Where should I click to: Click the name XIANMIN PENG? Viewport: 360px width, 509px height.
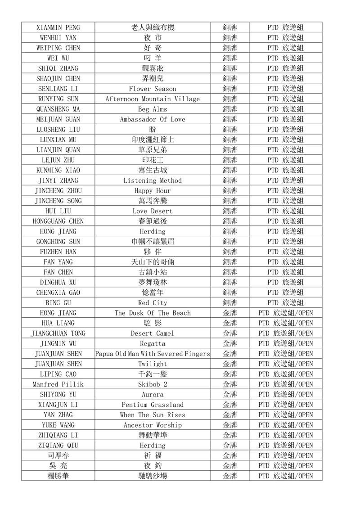coord(58,27)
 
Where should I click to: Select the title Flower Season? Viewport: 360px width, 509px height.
coord(153,89)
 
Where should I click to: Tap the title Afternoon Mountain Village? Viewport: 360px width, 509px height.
coord(153,99)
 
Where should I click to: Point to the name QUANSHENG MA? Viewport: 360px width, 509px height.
coord(58,109)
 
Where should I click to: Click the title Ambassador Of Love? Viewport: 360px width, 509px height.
coord(153,119)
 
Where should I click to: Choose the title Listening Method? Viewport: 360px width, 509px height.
coord(153,180)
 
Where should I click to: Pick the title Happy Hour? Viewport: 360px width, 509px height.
coord(153,190)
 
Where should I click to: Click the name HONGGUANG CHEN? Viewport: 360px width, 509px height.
coord(58,221)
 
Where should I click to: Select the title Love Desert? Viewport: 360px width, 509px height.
coord(153,211)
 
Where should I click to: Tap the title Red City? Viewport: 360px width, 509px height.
coord(153,302)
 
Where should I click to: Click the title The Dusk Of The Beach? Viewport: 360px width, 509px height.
coord(153,313)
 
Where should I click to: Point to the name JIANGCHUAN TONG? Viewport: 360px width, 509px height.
coord(58,333)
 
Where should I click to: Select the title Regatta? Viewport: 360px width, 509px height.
coord(153,343)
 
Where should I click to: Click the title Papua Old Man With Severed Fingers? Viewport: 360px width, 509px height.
coord(153,354)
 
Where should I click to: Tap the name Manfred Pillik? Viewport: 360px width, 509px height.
coord(58,384)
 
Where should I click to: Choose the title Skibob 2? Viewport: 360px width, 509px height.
coord(153,384)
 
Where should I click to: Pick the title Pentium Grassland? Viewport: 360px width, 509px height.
coord(153,405)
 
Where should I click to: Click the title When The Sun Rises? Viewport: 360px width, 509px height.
coord(153,414)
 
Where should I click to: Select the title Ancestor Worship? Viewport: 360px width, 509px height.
coord(153,425)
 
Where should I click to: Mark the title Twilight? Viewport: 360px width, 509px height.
coord(153,364)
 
